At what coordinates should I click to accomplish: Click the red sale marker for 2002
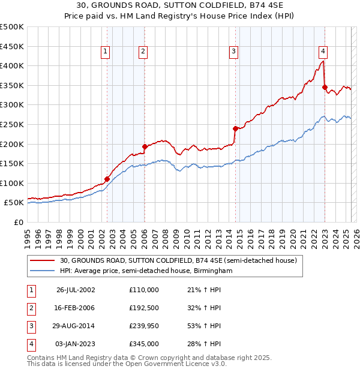(x=107, y=179)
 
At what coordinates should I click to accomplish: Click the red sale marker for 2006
(x=145, y=146)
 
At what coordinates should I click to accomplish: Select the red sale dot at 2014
(x=235, y=128)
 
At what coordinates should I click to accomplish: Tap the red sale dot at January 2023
(x=325, y=87)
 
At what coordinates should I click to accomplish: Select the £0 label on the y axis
(x=19, y=222)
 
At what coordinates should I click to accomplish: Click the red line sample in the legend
(x=42, y=261)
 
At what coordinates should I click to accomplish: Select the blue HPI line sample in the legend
(x=42, y=271)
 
